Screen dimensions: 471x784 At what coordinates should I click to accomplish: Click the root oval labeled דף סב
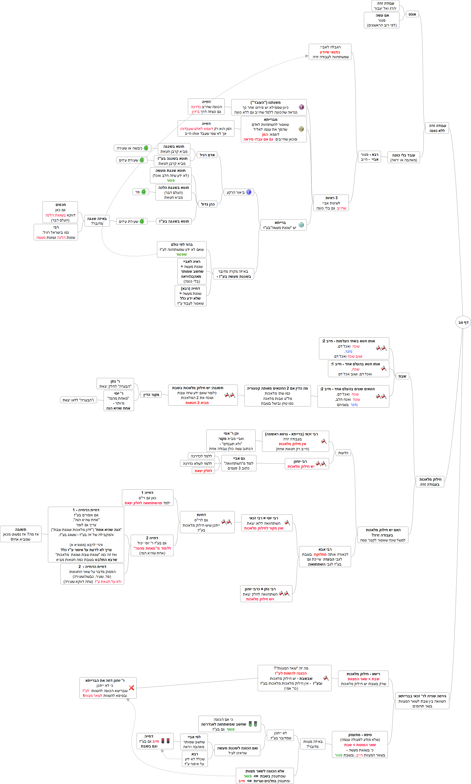pos(463,322)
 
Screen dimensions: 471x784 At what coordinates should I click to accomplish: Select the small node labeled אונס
pos(412,14)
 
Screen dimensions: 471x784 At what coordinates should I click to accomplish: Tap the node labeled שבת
pos(402,376)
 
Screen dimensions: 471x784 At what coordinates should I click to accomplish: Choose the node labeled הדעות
pos(343,453)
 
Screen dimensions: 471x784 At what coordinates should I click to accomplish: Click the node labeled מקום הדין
pos(151,395)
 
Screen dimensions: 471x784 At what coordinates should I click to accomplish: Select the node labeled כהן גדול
pos(208,204)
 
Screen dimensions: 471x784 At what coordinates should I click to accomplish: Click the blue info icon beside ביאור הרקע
pos(249,192)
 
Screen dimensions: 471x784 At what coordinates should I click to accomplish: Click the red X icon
pos(131,687)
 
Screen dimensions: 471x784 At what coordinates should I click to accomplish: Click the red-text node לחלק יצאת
pos(203,471)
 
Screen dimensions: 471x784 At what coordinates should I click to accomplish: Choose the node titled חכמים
pos(60,212)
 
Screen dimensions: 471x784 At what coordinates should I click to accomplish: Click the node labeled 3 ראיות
pos(331,203)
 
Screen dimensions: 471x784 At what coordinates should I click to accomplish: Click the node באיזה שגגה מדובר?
pos(97,221)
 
